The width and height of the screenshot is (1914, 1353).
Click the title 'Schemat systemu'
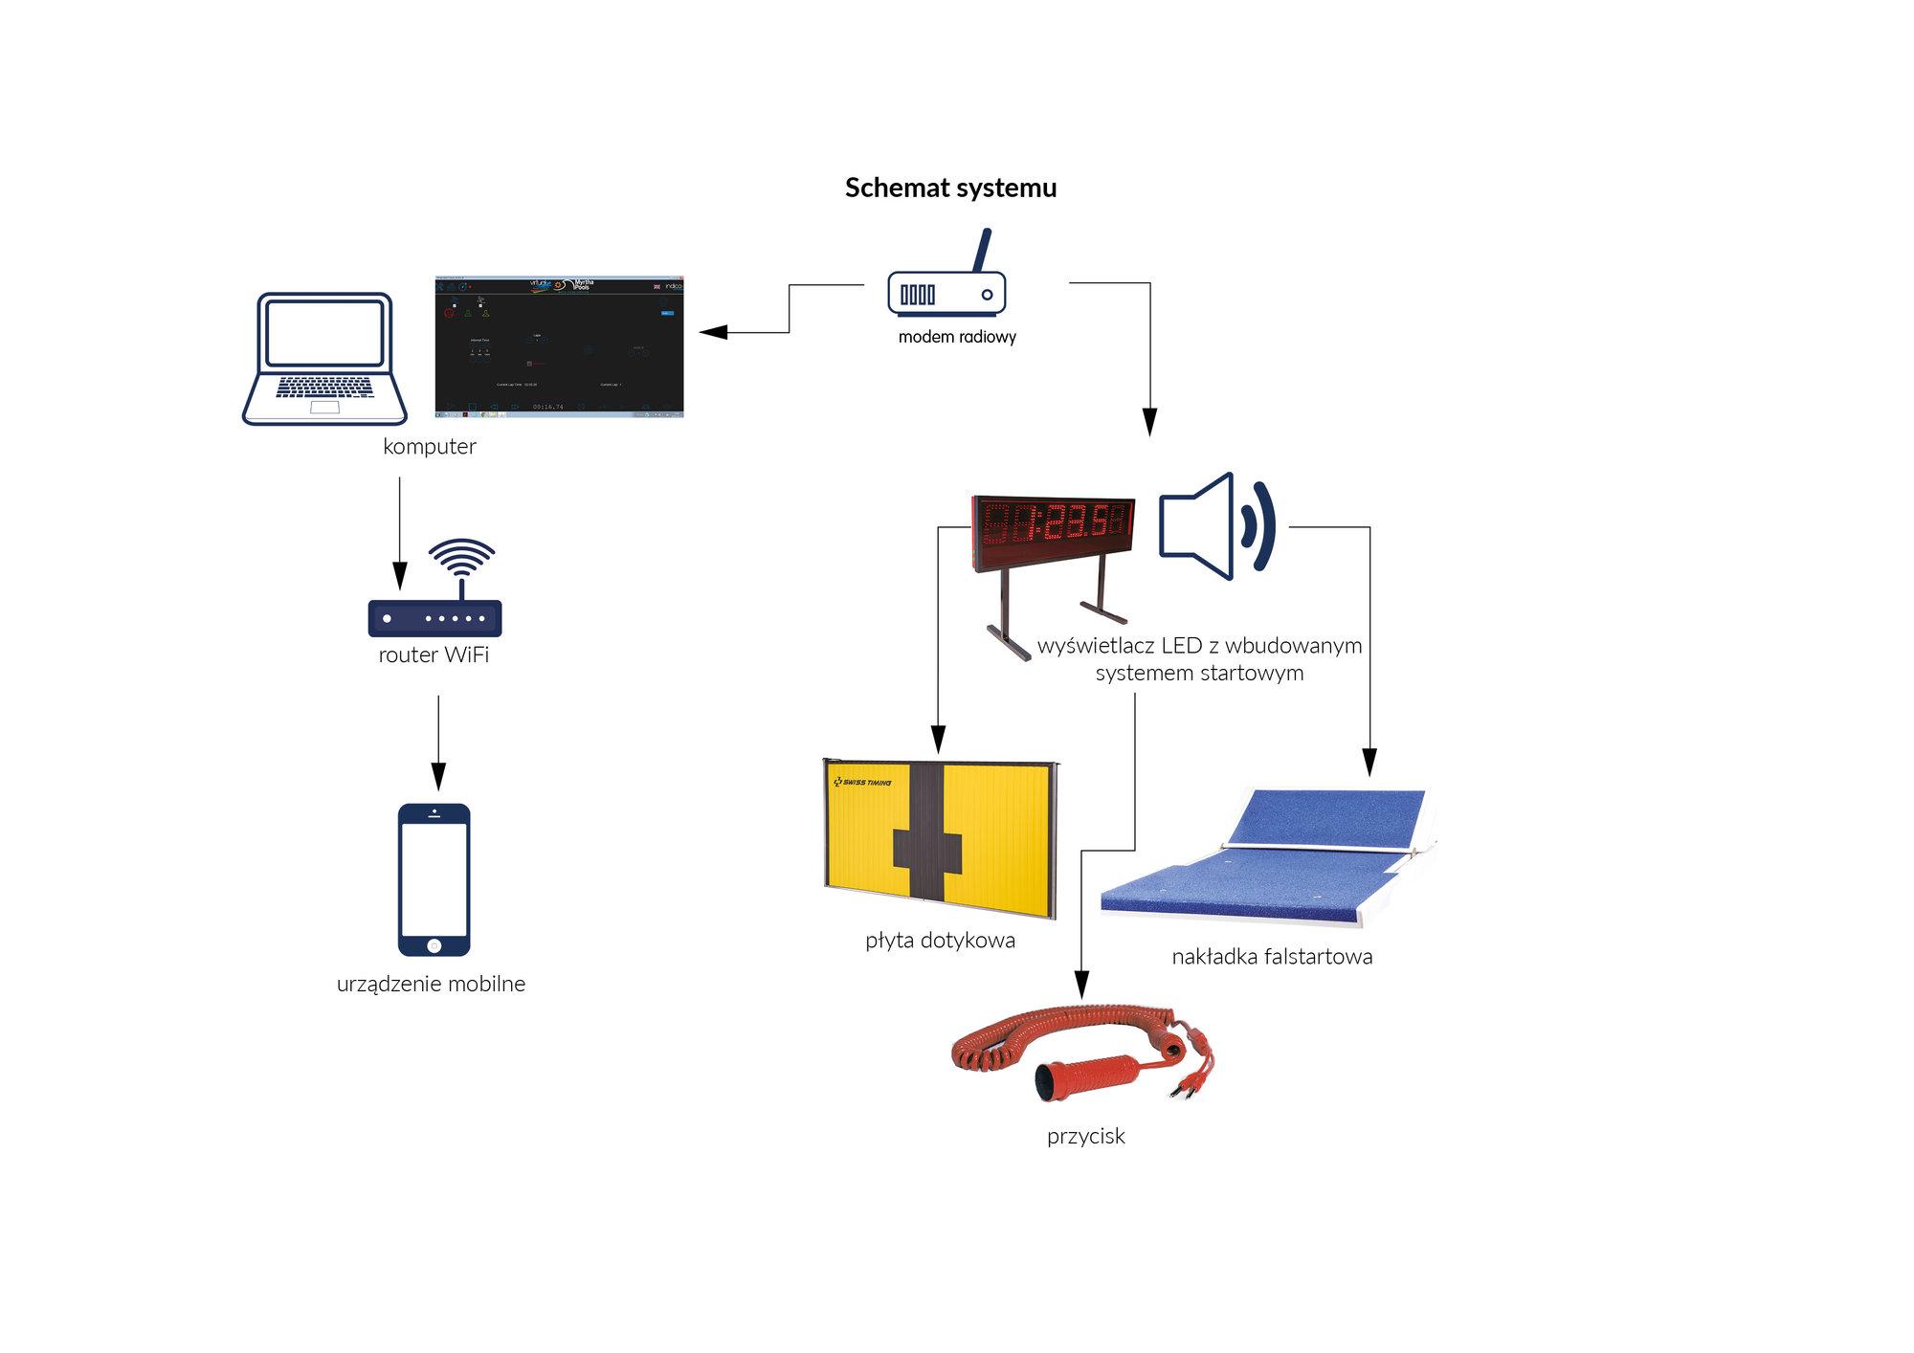[950, 188]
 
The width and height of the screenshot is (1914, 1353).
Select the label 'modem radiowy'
[957, 337]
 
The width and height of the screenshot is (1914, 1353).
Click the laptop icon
[324, 359]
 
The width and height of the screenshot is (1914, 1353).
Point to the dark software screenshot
[559, 346]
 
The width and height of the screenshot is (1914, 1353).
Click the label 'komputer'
[429, 447]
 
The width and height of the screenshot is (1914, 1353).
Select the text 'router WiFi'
[434, 655]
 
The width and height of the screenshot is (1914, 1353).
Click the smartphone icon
[434, 878]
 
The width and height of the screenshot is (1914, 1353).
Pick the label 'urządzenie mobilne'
[431, 985]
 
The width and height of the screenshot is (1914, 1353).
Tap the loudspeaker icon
[1216, 526]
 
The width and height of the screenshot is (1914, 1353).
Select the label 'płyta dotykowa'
[940, 941]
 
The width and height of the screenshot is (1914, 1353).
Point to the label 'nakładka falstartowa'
[1272, 957]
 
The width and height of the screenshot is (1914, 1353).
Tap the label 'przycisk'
[1085, 1137]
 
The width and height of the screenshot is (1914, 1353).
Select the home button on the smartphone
[434, 945]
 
